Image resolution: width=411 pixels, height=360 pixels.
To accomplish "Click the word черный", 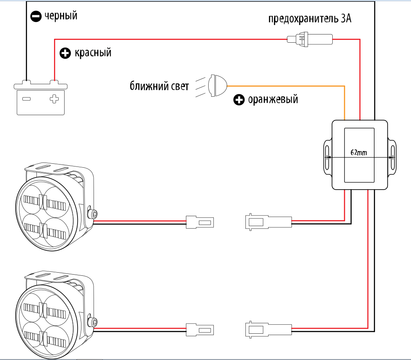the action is (x=61, y=16).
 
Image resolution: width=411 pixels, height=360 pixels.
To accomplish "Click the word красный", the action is (x=93, y=53).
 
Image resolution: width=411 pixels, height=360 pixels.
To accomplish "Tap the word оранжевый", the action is (x=273, y=99).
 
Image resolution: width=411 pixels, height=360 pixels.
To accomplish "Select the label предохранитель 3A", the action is (x=310, y=19).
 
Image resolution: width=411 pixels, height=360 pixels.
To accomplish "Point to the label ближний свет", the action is (x=159, y=86).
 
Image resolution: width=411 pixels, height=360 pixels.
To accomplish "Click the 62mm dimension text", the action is (x=359, y=152).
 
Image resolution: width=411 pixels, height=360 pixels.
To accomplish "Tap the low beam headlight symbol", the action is (x=217, y=85).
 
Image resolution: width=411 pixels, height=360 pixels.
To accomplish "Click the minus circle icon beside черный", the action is (x=36, y=16).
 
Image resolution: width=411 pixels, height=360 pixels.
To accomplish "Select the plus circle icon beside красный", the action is (x=65, y=53).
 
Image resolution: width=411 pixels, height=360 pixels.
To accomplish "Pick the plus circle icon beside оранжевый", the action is (x=239, y=100).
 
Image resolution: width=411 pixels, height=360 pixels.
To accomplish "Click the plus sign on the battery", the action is (x=54, y=99).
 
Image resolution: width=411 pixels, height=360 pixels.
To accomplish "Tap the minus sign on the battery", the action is (x=26, y=99).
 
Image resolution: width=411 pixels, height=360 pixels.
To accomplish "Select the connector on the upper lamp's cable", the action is (x=200, y=222).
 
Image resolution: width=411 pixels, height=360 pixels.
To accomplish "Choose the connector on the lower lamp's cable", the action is (x=200, y=330).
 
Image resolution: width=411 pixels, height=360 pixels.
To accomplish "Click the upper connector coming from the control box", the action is (x=269, y=222).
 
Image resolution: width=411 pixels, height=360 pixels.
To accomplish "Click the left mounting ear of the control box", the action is (x=328, y=157).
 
